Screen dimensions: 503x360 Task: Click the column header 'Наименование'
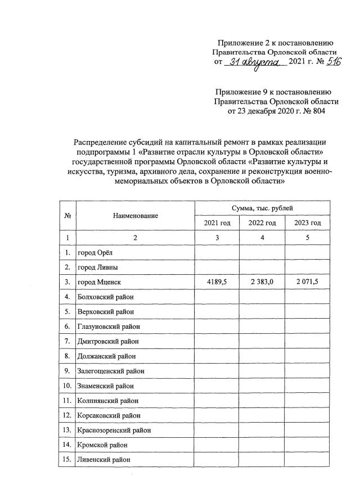135,215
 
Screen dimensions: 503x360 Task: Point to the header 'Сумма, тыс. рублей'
262,208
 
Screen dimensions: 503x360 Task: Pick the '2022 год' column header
262,223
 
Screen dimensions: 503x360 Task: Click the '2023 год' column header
308,223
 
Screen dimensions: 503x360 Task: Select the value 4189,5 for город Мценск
217,282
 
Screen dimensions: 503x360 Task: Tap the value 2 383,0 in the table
262,282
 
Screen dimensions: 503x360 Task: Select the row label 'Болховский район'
106,296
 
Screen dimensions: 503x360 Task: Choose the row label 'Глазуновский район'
109,326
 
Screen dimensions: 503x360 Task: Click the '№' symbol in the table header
67,215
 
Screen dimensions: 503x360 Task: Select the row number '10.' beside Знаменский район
67,386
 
